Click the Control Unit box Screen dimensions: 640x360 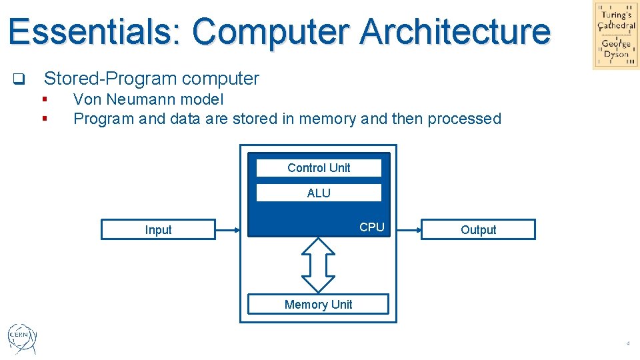tap(319, 168)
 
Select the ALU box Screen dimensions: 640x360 tap(319, 193)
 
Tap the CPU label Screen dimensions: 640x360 tap(372, 227)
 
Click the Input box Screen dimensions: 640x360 tap(159, 229)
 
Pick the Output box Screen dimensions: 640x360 tap(478, 229)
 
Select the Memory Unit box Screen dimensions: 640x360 tap(319, 304)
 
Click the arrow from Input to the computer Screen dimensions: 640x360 tap(228, 230)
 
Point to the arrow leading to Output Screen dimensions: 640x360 tap(409, 230)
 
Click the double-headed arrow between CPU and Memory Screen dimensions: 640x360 tap(319, 265)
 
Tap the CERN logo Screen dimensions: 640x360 tap(22, 339)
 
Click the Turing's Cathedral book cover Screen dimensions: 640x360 tap(616, 35)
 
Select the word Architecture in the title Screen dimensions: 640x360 tap(455, 31)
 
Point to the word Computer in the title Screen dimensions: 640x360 tap(271, 33)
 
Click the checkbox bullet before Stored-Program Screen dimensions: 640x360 tap(19, 79)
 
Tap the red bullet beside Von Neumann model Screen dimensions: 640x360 tap(45, 99)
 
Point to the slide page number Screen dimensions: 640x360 tap(628, 343)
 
